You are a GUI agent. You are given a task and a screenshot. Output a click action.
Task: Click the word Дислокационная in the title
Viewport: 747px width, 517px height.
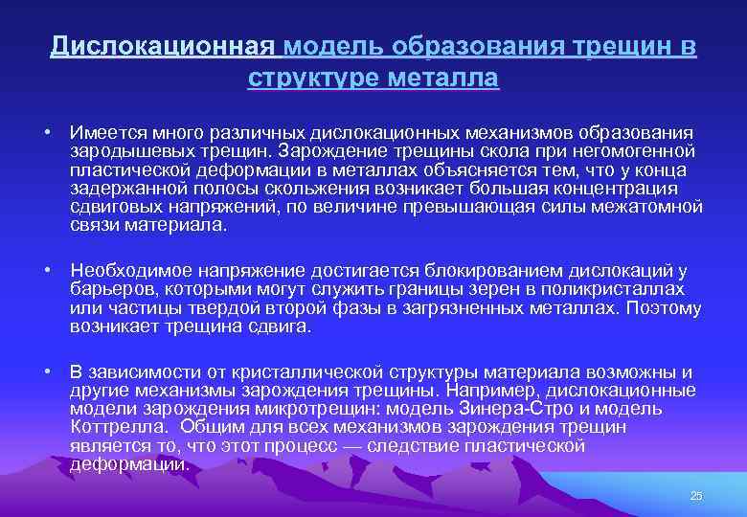pyautogui.click(x=163, y=47)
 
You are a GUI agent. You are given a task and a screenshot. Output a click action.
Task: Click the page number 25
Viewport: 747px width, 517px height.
pyautogui.click(x=696, y=494)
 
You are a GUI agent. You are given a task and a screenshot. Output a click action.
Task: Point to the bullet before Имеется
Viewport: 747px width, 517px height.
pyautogui.click(x=46, y=131)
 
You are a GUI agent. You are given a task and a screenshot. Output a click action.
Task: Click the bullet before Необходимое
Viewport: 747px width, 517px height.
pyautogui.click(x=46, y=272)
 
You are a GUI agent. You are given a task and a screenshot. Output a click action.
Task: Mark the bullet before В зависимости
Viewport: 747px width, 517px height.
pyautogui.click(x=46, y=372)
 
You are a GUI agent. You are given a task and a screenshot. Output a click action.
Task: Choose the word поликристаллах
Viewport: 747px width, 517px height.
pyautogui.click(x=630, y=290)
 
